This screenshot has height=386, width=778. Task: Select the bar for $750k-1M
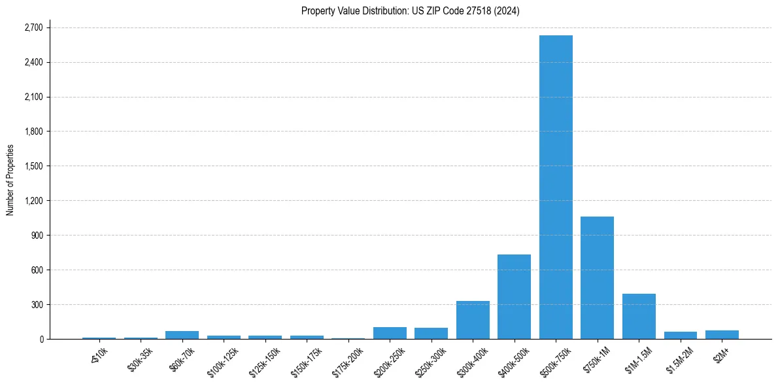(x=597, y=277)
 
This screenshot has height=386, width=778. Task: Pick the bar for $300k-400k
(x=473, y=320)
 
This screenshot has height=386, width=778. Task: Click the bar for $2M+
(x=722, y=334)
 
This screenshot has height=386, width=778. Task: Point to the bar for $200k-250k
(x=390, y=333)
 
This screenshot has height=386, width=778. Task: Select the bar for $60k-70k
(x=182, y=335)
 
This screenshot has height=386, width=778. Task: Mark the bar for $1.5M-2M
(x=680, y=335)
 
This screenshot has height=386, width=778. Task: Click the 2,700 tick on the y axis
(x=33, y=28)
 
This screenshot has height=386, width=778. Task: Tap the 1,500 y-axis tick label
(x=33, y=166)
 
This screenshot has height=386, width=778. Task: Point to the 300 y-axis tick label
(x=37, y=305)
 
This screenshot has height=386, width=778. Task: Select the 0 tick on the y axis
(x=41, y=339)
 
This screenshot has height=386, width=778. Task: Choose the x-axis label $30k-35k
(x=141, y=357)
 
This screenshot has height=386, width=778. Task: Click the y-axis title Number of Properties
(x=10, y=180)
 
